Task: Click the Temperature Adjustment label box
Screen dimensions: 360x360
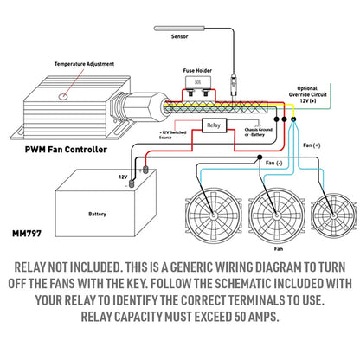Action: (x=58, y=65)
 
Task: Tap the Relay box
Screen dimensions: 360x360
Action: (x=214, y=126)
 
